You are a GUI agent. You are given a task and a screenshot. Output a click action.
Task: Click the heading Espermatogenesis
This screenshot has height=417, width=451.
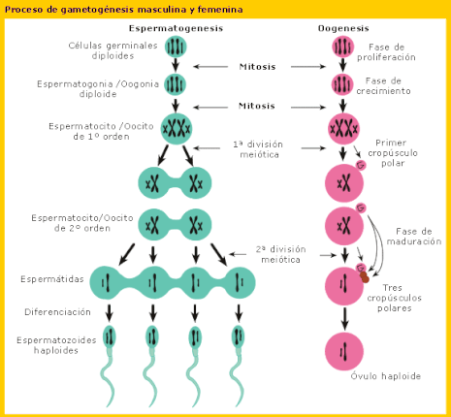tap(176, 28)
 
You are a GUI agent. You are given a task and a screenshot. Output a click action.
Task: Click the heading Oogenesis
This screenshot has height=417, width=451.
tap(343, 28)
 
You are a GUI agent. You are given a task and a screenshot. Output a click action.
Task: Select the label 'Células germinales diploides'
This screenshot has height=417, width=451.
tap(113, 50)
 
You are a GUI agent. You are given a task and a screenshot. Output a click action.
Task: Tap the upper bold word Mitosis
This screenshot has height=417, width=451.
tap(257, 67)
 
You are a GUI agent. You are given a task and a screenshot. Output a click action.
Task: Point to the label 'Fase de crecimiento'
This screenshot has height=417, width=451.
tap(383, 85)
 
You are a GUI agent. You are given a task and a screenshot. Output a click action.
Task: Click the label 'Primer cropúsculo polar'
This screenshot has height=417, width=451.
tap(393, 153)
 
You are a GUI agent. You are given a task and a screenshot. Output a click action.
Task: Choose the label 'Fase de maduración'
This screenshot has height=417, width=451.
tap(414, 237)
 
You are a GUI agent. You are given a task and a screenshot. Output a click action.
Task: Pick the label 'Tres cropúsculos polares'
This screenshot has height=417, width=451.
tap(394, 298)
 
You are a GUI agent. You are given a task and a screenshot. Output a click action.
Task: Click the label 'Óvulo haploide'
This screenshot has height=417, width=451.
tap(386, 376)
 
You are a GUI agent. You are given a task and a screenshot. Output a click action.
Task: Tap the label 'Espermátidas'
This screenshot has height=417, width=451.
tap(52, 279)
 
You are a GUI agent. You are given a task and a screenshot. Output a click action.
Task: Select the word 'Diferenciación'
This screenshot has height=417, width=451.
tap(57, 312)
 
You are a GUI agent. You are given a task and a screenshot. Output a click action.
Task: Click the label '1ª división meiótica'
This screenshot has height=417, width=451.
tap(258, 149)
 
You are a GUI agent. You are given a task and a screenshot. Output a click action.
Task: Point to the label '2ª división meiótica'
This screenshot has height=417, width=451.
tap(280, 254)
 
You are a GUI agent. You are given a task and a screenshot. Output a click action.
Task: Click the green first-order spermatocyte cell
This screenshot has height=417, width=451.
tap(177, 129)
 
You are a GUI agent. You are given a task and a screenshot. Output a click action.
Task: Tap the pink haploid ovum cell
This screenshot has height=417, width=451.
tap(344, 352)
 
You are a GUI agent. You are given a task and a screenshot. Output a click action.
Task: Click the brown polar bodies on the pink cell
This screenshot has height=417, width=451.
tap(365, 277)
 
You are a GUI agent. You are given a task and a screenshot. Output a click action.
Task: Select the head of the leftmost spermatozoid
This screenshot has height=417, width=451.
tap(110, 337)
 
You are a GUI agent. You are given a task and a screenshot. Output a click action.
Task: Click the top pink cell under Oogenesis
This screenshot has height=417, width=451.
tap(342, 47)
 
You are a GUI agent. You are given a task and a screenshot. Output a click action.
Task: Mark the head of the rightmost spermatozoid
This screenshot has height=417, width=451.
tap(239, 337)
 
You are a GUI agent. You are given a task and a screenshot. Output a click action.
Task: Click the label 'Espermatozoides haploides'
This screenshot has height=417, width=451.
tap(56, 345)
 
